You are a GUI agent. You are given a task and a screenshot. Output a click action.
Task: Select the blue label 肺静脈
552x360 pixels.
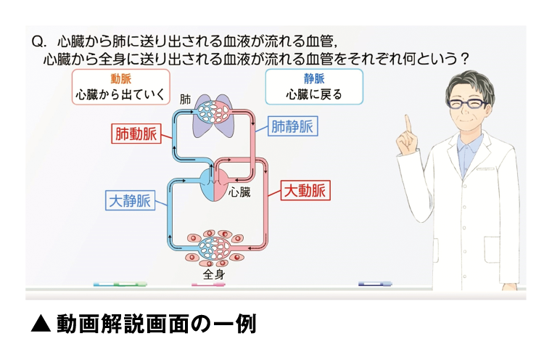[292, 126]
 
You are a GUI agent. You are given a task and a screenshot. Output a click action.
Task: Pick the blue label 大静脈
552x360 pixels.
[129, 200]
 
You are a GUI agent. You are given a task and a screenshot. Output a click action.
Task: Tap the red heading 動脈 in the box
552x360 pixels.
[120, 79]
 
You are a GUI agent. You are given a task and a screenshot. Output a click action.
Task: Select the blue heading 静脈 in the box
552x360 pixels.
[313, 79]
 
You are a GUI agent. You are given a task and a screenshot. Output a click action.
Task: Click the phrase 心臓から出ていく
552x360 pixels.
[120, 94]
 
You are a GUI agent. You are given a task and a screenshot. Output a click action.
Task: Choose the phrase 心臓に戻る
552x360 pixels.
[313, 94]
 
